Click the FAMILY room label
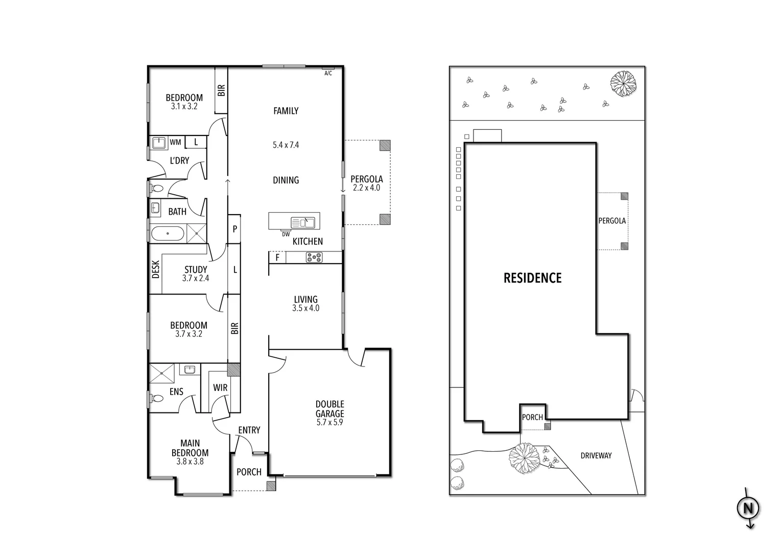click(286, 111)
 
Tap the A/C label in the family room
click(328, 73)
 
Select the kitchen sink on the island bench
click(302, 222)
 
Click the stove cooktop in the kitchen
click(314, 258)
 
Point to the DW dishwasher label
click(286, 234)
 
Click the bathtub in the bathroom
click(168, 235)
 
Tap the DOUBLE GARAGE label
click(329, 409)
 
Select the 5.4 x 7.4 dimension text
click(286, 145)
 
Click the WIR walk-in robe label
click(220, 388)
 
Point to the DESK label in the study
click(156, 269)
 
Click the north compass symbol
click(748, 508)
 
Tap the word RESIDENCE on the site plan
click(532, 278)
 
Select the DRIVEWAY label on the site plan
click(596, 455)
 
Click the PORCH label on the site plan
click(532, 417)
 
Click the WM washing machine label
click(175, 142)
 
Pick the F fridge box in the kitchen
click(277, 258)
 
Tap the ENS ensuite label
click(176, 393)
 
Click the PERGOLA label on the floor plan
click(366, 179)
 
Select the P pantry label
click(234, 229)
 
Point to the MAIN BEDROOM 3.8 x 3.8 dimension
click(190, 462)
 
